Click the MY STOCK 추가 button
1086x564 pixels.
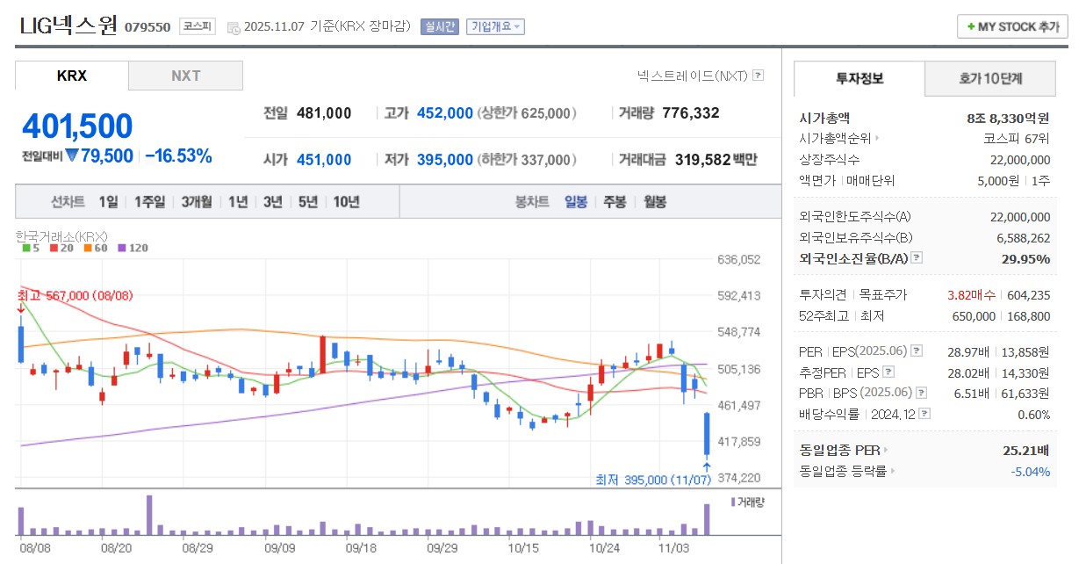(1012, 26)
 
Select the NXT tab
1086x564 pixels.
(185, 76)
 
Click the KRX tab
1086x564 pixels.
(72, 76)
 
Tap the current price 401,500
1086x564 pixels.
(77, 127)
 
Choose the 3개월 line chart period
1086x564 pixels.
(197, 201)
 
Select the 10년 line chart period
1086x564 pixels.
(346, 201)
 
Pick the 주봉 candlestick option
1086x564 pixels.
(615, 201)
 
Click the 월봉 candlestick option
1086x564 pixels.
(655, 201)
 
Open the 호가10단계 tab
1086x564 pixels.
(990, 79)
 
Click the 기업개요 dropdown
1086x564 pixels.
(495, 26)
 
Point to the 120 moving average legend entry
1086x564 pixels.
(133, 248)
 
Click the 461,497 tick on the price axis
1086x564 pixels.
(738, 405)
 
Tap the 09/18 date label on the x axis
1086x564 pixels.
(362, 546)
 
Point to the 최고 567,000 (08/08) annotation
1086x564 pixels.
(75, 296)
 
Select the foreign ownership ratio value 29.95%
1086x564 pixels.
(1025, 258)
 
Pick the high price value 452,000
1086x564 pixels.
(444, 112)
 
